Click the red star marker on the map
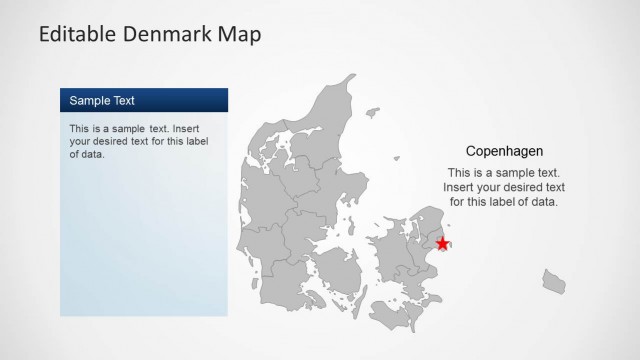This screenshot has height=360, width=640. coord(443,243)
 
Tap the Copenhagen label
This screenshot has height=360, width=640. coord(505,151)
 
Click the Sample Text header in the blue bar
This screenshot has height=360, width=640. coord(102,101)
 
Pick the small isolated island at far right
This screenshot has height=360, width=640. coord(554,281)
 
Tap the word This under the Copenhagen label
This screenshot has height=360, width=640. coord(460,173)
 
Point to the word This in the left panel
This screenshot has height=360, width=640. coord(80,129)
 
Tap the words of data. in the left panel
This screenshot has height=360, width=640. coord(87,154)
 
